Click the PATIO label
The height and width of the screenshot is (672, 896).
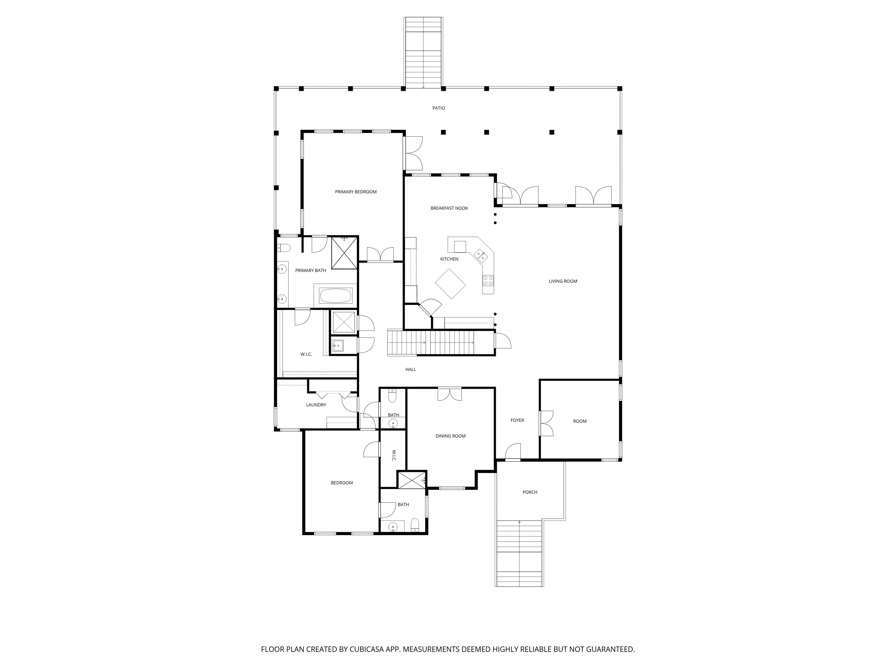439,108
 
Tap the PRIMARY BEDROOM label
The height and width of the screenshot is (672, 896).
356,192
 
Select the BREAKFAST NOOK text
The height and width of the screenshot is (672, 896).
449,208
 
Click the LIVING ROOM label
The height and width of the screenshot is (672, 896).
563,281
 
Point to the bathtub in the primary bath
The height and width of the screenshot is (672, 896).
336,295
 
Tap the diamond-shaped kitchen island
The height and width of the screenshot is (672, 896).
450,283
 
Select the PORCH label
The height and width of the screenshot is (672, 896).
530,492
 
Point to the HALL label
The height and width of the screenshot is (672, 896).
411,370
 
